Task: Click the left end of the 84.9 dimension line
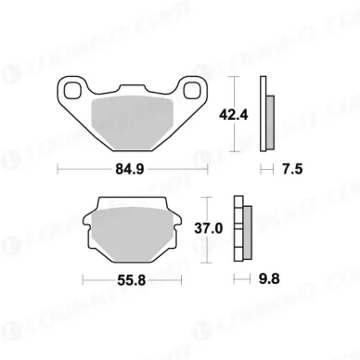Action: pyautogui.click(x=58, y=169)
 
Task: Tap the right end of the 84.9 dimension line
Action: pyautogui.click(x=207, y=169)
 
